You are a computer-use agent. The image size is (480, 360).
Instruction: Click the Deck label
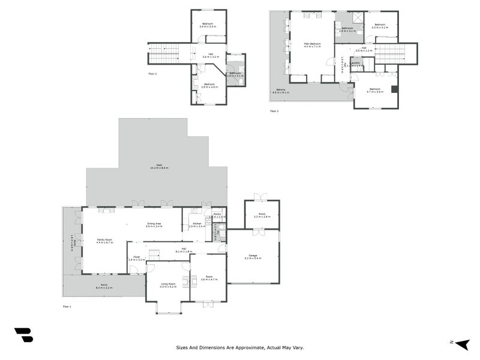[x=159, y=166]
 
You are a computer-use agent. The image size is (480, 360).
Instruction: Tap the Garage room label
[x=253, y=257]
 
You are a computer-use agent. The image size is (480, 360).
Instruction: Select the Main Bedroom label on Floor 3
[x=311, y=45]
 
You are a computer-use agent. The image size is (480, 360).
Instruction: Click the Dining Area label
[x=154, y=225]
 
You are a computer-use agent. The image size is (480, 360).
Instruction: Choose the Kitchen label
[x=197, y=225]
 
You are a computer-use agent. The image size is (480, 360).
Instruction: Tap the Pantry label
[x=217, y=215]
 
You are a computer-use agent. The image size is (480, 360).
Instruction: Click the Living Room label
[x=168, y=285]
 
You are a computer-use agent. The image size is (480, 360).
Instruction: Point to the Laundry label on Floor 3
[x=356, y=63]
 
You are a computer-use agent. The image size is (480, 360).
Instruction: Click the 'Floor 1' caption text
[x=67, y=307]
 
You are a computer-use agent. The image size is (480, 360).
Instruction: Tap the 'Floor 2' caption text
[x=152, y=74]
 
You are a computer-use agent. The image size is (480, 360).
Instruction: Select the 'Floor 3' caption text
[x=274, y=111]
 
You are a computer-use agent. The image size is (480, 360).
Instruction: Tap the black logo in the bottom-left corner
[x=23, y=335]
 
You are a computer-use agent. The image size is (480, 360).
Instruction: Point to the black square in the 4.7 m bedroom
[x=394, y=89]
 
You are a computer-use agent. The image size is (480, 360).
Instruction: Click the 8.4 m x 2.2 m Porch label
[x=104, y=287]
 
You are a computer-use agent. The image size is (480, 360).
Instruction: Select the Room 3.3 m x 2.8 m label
[x=262, y=215]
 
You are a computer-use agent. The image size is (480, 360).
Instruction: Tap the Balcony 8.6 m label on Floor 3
[x=281, y=91]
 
